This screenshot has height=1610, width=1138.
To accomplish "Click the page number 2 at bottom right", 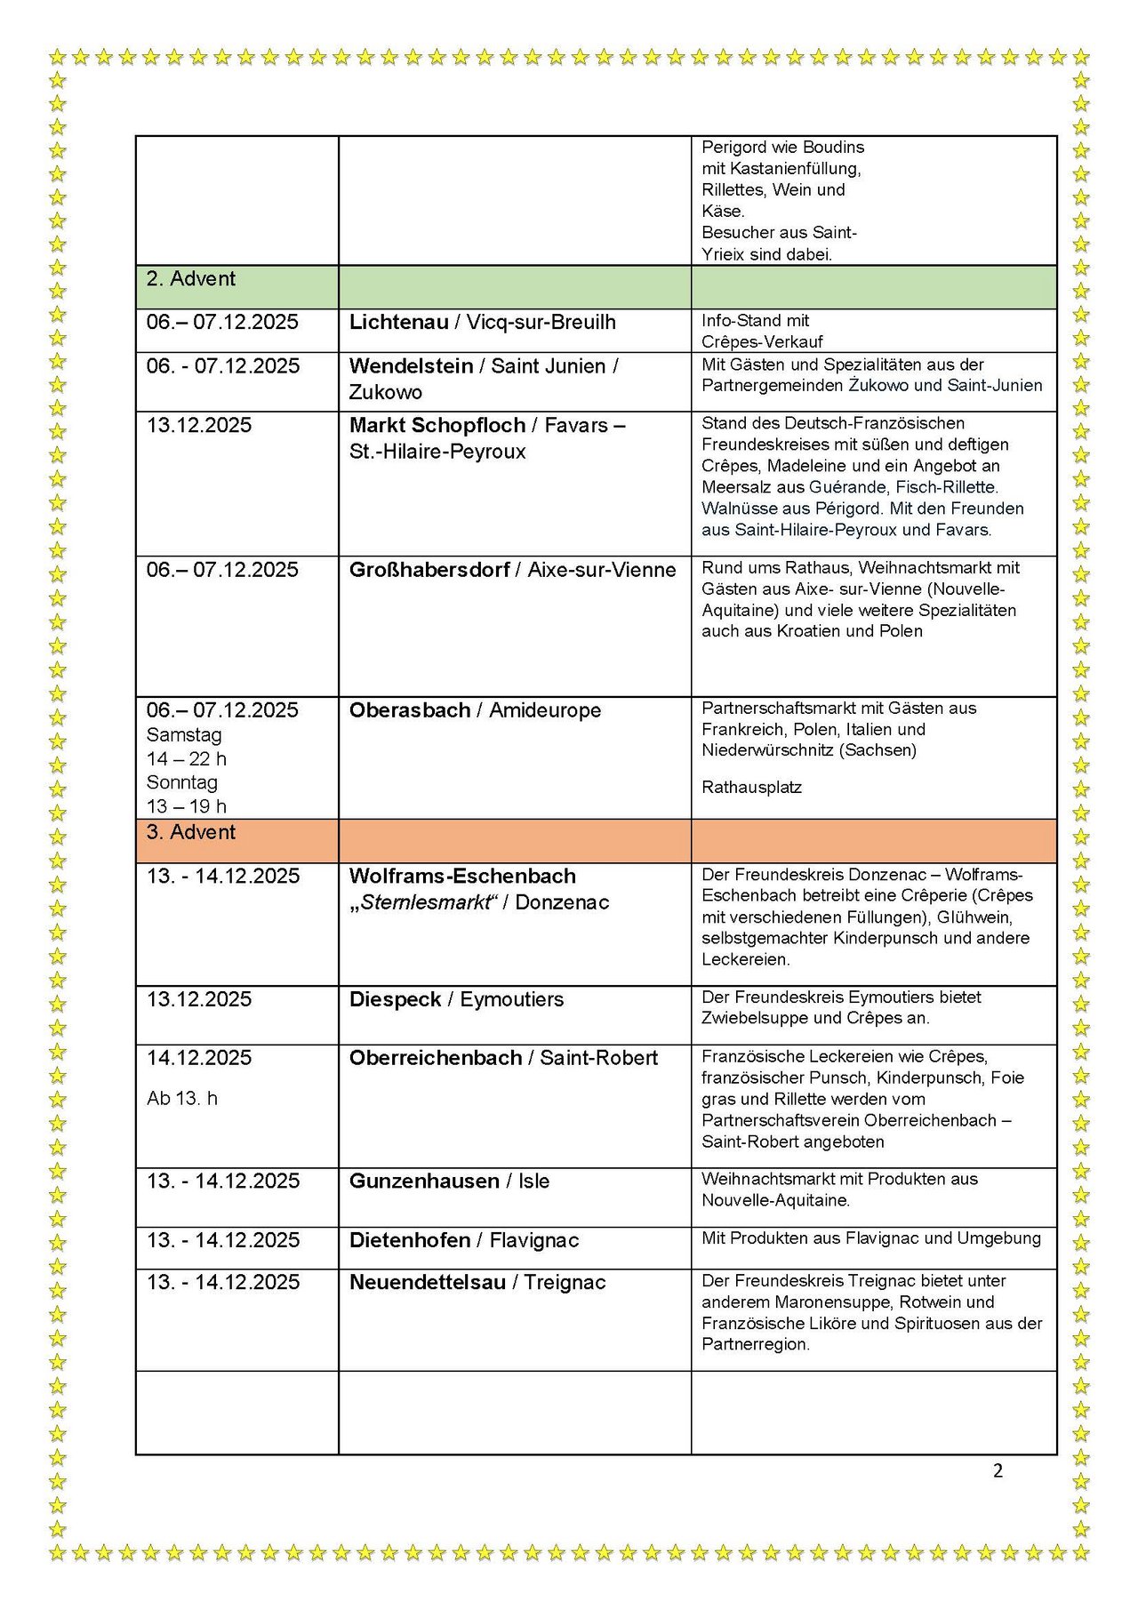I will pyautogui.click(x=998, y=1470).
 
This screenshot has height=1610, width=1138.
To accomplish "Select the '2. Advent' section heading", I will pyautogui.click(x=190, y=279).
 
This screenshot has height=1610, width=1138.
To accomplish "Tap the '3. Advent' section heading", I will pyautogui.click(x=190, y=833).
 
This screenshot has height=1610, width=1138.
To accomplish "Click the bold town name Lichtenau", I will pyautogui.click(x=398, y=323).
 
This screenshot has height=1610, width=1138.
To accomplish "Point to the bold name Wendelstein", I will pyautogui.click(x=411, y=366).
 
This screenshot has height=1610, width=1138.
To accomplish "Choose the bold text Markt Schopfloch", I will pyautogui.click(x=437, y=426).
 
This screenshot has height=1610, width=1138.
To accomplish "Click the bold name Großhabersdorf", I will pyautogui.click(x=429, y=571).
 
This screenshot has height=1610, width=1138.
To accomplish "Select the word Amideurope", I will pyautogui.click(x=545, y=711).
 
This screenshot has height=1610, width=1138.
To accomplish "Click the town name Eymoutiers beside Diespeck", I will pyautogui.click(x=511, y=1000).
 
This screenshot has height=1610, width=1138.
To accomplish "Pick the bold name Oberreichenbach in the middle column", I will pyautogui.click(x=436, y=1059).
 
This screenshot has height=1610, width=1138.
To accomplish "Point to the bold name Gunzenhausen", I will pyautogui.click(x=424, y=1181).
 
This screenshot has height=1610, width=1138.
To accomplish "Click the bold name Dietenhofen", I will pyautogui.click(x=409, y=1241).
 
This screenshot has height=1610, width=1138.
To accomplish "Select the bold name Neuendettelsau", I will pyautogui.click(x=427, y=1283).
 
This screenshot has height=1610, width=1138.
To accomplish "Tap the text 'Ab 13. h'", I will pyautogui.click(x=182, y=1100).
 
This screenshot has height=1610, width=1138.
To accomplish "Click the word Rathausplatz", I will pyautogui.click(x=751, y=788).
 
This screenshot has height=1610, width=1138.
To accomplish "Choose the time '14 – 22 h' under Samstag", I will pyautogui.click(x=187, y=759).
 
